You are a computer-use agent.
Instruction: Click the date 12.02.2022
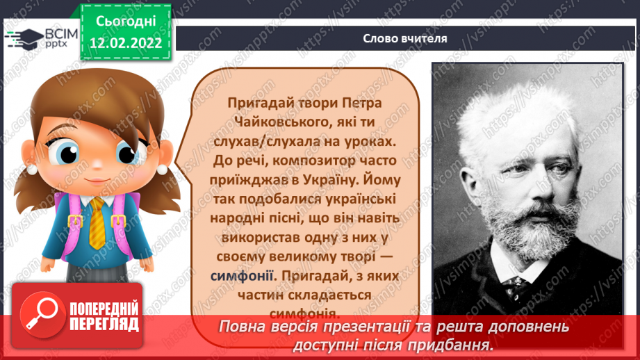126,43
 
